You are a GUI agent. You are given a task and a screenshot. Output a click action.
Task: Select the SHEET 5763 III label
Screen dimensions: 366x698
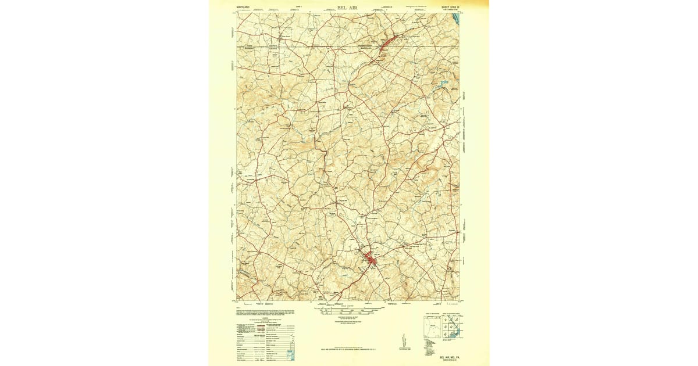448,8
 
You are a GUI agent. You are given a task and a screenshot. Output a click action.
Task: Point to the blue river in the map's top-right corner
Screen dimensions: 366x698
455,20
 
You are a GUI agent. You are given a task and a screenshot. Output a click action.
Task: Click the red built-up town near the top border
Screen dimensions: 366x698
387,44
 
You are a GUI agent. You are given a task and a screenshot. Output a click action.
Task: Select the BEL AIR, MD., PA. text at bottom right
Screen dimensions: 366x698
447,350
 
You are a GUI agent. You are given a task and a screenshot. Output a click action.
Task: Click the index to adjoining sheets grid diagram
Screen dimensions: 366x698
452,328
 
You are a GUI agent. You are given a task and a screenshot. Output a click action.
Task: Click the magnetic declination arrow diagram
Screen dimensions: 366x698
403,342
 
